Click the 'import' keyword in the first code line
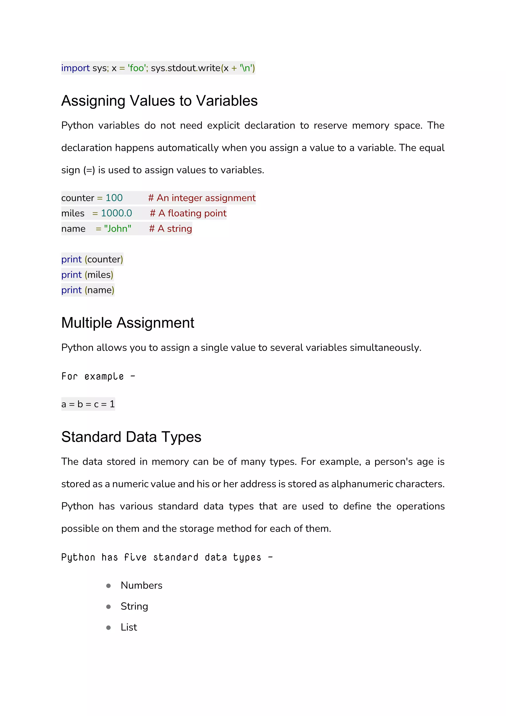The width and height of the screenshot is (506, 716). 75,68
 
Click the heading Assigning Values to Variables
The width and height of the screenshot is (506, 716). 159,101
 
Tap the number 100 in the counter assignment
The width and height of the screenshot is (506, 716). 114,198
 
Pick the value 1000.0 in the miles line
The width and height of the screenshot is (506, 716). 116,213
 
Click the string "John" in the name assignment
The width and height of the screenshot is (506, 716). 117,229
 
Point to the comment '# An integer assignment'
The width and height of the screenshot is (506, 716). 202,198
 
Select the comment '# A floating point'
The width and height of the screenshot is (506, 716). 188,213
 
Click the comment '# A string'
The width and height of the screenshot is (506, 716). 170,229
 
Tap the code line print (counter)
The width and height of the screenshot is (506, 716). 92,259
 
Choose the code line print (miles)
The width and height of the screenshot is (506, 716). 87,275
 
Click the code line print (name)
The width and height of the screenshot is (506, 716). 87,290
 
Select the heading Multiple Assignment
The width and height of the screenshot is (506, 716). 128,323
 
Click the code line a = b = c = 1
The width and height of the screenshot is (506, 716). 88,404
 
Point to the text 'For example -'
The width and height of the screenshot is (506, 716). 98,376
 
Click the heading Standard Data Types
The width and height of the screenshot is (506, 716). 131,437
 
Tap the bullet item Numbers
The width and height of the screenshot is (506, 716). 142,585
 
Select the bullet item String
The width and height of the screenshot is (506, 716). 134,606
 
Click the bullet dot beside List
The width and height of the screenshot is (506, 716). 108,627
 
